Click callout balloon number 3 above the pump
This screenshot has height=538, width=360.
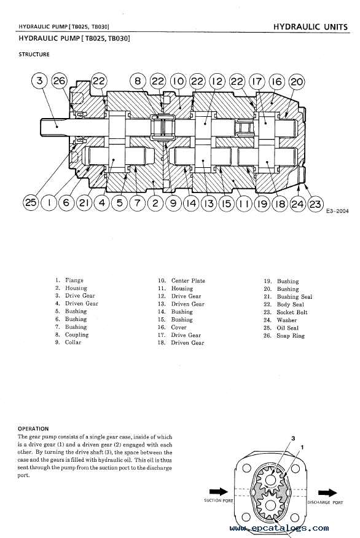(x=40, y=81)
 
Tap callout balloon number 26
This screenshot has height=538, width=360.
(x=59, y=81)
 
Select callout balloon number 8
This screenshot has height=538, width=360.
(x=138, y=81)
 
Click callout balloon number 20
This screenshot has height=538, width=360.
(x=297, y=82)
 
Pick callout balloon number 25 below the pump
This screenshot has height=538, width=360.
(x=31, y=202)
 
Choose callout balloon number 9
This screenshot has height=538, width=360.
(x=173, y=203)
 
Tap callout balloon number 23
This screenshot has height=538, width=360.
(x=315, y=204)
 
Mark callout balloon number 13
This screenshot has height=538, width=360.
(x=209, y=204)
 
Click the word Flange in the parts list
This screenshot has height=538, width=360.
(x=74, y=280)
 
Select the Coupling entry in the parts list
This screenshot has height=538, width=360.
(x=77, y=334)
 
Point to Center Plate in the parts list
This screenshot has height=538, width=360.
(x=188, y=280)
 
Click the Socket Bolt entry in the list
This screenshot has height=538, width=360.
(x=292, y=312)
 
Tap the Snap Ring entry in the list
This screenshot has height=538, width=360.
(x=291, y=336)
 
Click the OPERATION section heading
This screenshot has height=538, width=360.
(x=33, y=429)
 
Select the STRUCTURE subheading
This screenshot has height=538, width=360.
(x=34, y=54)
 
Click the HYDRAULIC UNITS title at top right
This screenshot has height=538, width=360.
(x=311, y=27)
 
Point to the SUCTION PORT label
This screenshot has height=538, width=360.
(x=219, y=500)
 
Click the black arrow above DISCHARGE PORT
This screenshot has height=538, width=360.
(x=327, y=493)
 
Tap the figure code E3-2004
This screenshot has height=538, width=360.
(x=337, y=211)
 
